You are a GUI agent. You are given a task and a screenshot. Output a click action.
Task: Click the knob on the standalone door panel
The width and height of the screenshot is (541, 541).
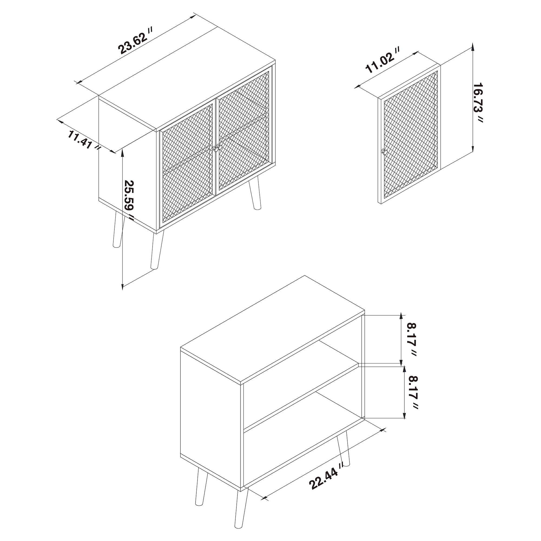[384, 151]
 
